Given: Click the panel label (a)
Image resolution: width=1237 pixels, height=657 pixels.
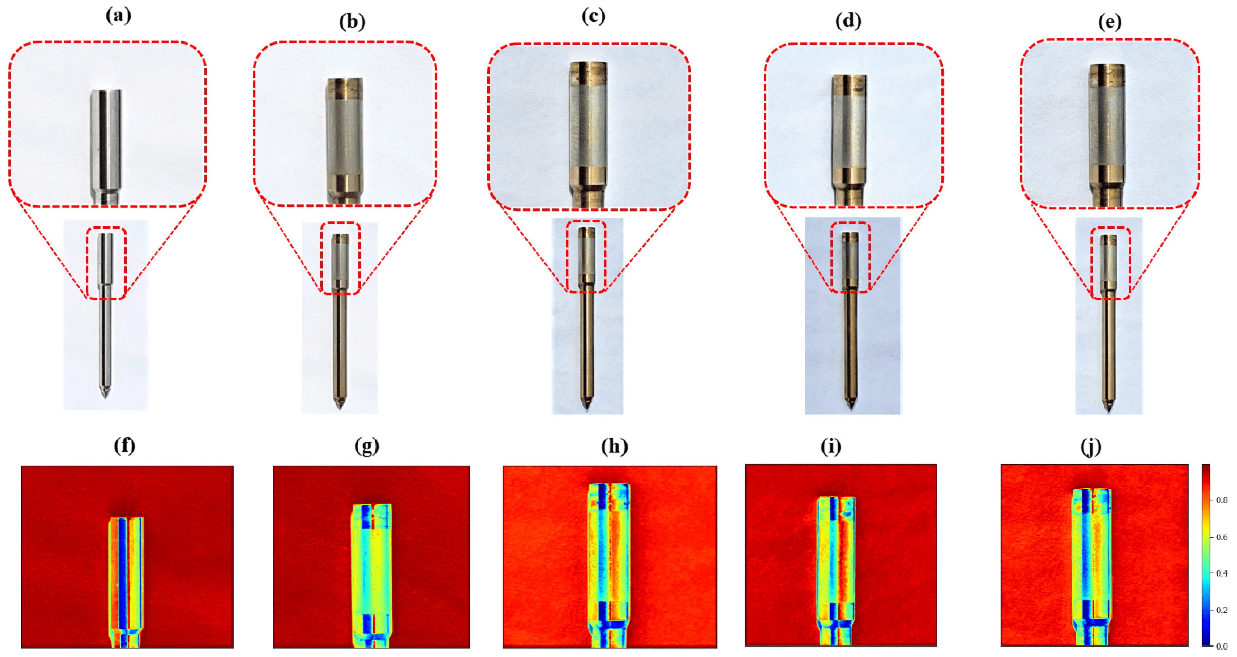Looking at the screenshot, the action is (118, 16).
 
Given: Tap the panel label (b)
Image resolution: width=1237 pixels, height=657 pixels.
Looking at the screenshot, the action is (352, 22).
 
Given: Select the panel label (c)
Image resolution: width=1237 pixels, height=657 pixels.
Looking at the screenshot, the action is (593, 16).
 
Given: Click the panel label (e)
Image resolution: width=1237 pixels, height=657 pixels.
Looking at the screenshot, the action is (1110, 22).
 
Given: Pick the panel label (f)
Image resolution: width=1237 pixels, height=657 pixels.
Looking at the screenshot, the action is (124, 446).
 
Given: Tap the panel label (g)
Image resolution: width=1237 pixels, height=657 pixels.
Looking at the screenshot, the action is (367, 446).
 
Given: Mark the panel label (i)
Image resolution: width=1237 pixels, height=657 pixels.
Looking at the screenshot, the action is (831, 446).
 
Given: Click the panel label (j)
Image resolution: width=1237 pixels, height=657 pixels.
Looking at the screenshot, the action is (1090, 446).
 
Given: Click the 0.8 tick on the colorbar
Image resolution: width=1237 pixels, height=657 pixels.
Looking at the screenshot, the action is (1222, 500).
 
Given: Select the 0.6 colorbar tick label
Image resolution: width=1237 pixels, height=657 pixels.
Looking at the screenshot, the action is (1222, 537).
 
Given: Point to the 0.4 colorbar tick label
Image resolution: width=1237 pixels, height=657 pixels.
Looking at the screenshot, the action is (1222, 573).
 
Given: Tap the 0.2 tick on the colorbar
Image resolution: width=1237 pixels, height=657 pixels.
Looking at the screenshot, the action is (1222, 610).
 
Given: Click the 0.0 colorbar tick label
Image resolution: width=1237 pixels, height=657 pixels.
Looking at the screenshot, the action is (1222, 646).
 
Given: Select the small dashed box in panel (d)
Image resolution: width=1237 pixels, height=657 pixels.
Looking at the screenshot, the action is (850, 257).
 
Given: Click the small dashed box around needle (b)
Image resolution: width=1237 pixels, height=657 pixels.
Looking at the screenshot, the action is (340, 258).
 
